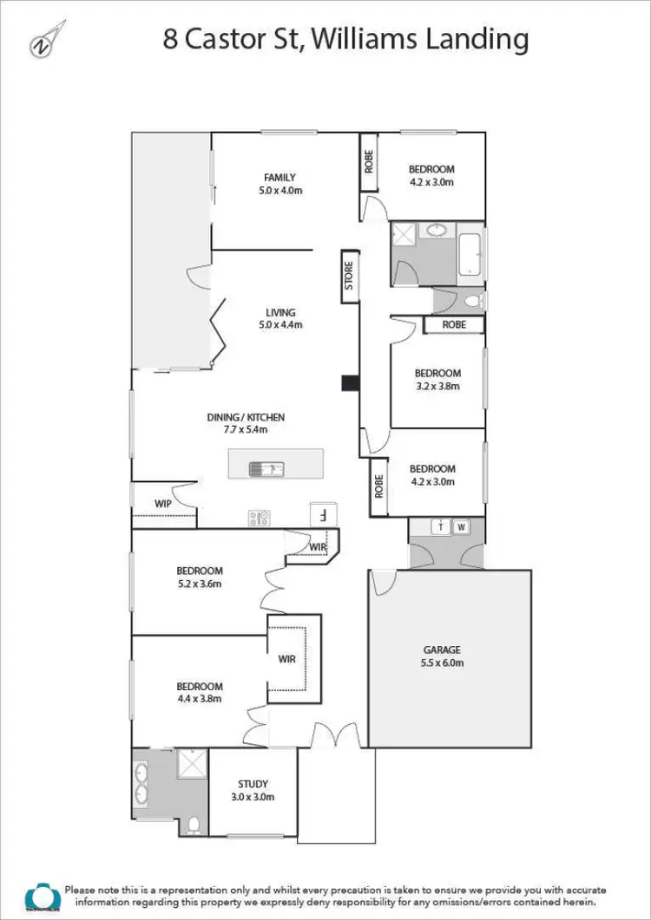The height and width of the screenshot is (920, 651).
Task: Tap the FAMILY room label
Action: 279,178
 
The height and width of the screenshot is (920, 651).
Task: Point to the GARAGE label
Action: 442,649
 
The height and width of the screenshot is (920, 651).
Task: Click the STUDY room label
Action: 253,785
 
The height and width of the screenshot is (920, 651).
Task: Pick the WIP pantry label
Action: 162,503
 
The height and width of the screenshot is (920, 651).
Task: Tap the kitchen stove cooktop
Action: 260,518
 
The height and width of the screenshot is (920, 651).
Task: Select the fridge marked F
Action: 322,513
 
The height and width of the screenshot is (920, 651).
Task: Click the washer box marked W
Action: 461,526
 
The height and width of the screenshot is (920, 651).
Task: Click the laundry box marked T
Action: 440,526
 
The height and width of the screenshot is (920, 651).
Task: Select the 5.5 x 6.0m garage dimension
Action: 442,663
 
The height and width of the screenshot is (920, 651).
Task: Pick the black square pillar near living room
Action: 349,382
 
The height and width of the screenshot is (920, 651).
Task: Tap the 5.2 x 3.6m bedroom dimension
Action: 200,584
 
